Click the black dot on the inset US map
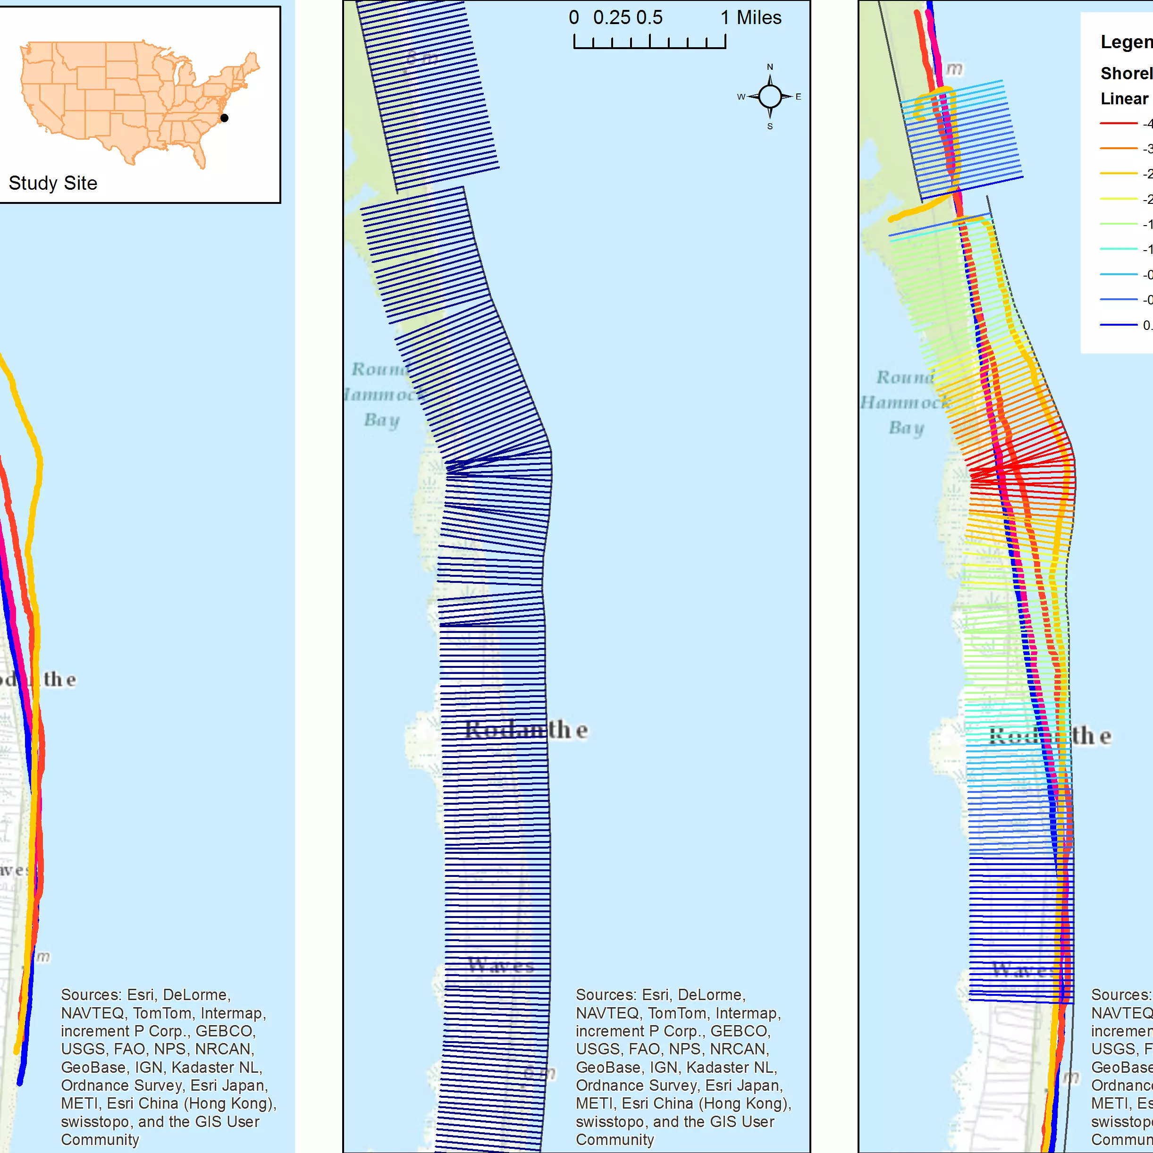224,118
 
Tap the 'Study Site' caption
53,183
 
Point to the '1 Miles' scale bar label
751,18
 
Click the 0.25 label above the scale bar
612,18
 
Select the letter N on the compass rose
770,67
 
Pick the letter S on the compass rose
770,126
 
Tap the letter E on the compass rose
798,97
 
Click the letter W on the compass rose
741,97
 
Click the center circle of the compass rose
770,96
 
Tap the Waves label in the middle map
501,965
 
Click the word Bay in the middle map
382,420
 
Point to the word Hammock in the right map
904,403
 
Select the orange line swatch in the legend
1119,148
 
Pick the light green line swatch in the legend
1119,224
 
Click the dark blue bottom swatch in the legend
1119,325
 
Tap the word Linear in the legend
1124,99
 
